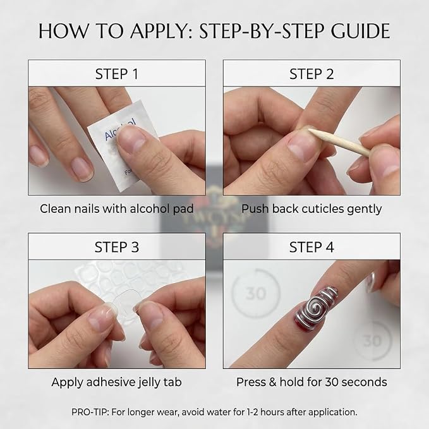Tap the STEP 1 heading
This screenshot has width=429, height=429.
click(117, 74)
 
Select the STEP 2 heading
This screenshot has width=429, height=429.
click(311, 74)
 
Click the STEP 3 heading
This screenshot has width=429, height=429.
click(117, 247)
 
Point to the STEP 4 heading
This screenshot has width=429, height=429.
click(311, 247)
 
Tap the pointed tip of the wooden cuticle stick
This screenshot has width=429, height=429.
click(309, 130)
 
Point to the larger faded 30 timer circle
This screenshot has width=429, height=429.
click(256, 294)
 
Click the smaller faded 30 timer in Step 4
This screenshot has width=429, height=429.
click(373, 341)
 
